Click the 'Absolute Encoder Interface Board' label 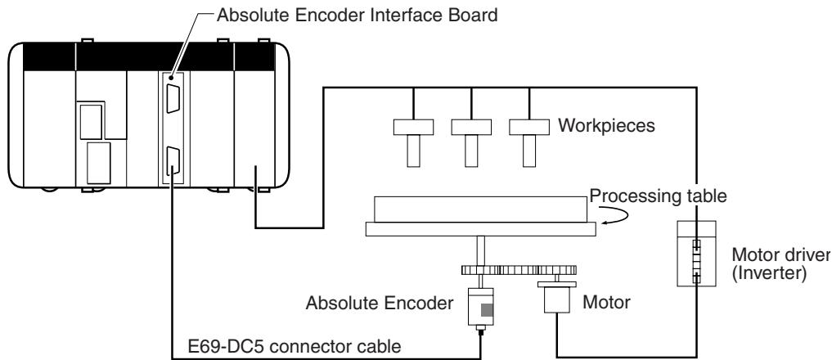click(358, 15)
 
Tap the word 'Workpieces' click(606, 126)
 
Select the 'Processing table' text click(658, 196)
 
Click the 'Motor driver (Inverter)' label click(781, 264)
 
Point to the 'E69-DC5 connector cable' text click(295, 347)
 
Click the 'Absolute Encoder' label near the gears click(380, 304)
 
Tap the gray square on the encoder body click(487, 311)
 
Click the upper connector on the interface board click(173, 97)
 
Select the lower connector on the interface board click(173, 161)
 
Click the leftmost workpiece click(413, 142)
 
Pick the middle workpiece click(471, 142)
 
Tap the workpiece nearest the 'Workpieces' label click(529, 142)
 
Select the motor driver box click(697, 254)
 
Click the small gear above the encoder click(480, 270)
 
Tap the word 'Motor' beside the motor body click(606, 303)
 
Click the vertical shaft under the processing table click(480, 250)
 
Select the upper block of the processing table click(480, 209)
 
